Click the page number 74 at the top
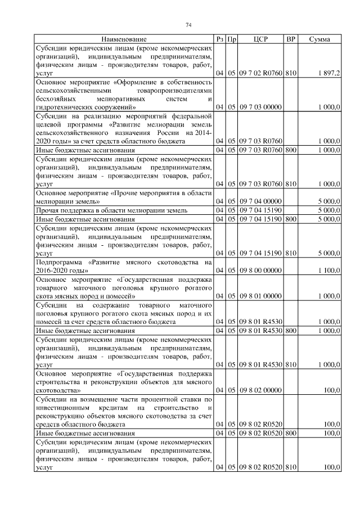(x=189, y=25)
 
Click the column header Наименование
(x=124, y=39)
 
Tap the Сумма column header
(x=319, y=39)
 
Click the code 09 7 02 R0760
(x=260, y=74)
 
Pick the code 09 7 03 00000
(x=260, y=106)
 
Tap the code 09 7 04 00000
(x=260, y=201)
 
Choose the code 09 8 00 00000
(x=260, y=271)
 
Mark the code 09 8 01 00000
(x=260, y=296)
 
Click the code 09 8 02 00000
(x=260, y=389)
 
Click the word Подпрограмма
(x=60, y=262)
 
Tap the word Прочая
(x=48, y=210)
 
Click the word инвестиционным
(x=64, y=407)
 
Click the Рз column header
(x=220, y=39)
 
